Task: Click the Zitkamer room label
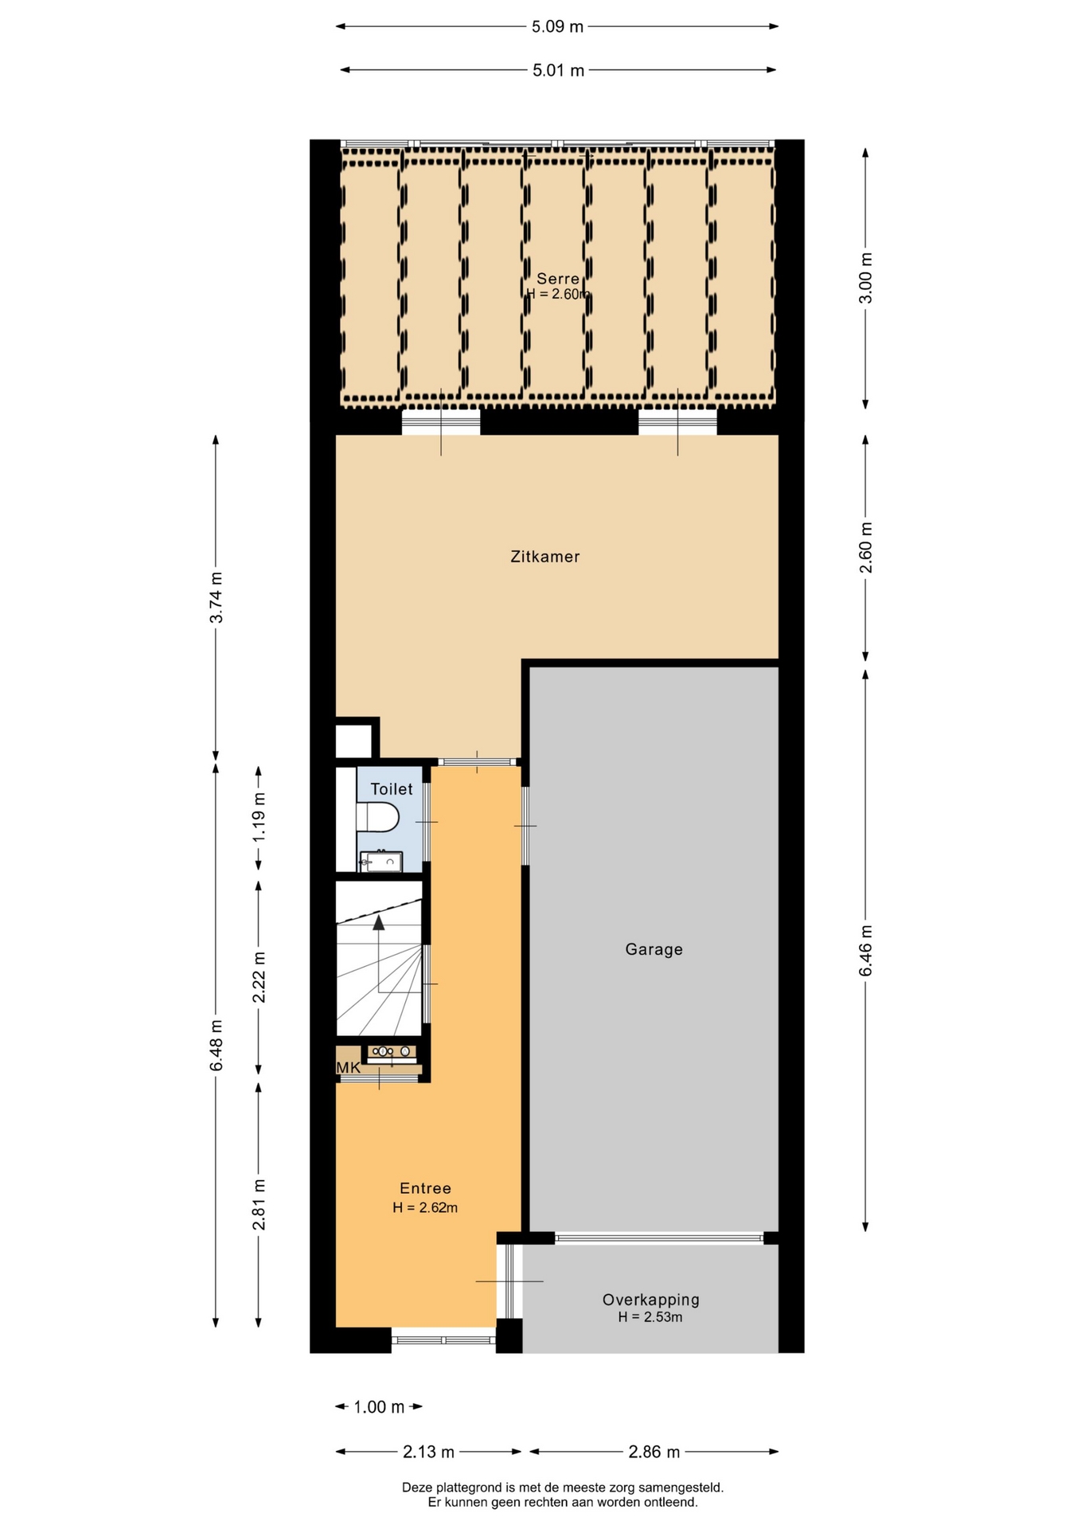pos(545,557)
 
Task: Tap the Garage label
pos(654,949)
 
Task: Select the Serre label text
pos(558,279)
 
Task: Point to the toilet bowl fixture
pos(377,817)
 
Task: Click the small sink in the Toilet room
pos(381,862)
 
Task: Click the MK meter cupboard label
pos(349,1068)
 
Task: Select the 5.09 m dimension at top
pos(557,26)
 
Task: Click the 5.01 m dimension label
pos(558,70)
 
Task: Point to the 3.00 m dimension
pos(866,278)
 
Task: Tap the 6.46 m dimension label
pos(866,950)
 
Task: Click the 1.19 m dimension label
pos(259,818)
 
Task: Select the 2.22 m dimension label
pos(259,977)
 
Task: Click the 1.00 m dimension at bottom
pos(379,1407)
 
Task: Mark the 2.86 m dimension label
pos(654,1452)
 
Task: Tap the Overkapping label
pos(650,1300)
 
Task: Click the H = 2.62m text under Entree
pos(425,1207)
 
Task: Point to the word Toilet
pos(392,789)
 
